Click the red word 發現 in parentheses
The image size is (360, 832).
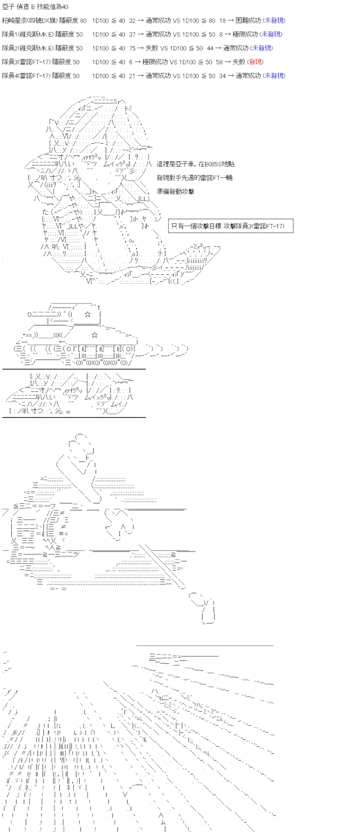tap(255, 62)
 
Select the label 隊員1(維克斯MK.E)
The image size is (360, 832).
tap(28, 34)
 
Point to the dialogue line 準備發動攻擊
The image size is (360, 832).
tap(175, 191)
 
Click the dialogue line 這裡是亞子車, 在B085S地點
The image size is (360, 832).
tap(195, 164)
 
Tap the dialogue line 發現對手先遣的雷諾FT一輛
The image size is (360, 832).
tap(194, 177)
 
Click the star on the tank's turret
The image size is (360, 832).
tap(87, 313)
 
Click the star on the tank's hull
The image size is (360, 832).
tap(94, 335)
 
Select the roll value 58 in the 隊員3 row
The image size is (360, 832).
tap(220, 62)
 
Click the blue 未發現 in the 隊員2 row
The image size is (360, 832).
tap(261, 48)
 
